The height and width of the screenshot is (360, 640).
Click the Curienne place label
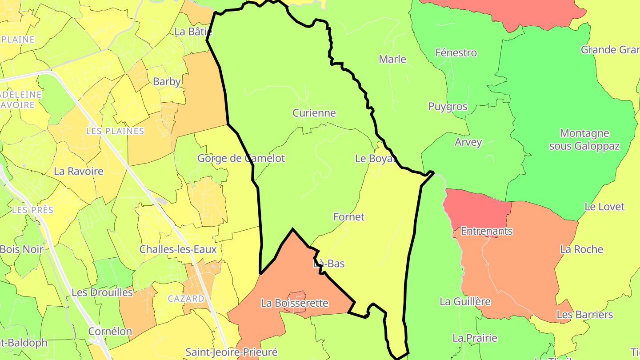coord(314,113)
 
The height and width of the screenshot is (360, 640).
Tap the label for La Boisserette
coord(294,303)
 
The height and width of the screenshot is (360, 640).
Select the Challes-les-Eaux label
coord(178,249)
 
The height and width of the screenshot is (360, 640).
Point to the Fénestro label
coord(456,52)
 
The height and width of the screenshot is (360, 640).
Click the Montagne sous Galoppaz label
coord(584,140)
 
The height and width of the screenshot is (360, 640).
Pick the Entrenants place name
coord(487,231)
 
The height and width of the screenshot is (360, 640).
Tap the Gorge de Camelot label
coord(241,158)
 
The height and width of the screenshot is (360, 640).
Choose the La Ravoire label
coord(78,171)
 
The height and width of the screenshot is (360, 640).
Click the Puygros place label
coord(448,107)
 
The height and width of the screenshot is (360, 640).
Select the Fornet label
coord(348,217)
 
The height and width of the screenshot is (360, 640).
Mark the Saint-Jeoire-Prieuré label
coord(231,352)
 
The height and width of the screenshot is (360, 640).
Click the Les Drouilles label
coord(102,292)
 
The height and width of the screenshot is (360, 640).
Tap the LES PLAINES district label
coord(115,131)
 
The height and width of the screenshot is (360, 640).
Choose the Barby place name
coord(167,81)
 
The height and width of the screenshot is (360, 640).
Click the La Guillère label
coord(465,301)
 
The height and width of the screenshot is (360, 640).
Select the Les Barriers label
coord(584,315)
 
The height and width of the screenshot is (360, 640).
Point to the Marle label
coord(392,59)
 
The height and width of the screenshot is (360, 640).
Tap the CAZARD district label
coord(186,299)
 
